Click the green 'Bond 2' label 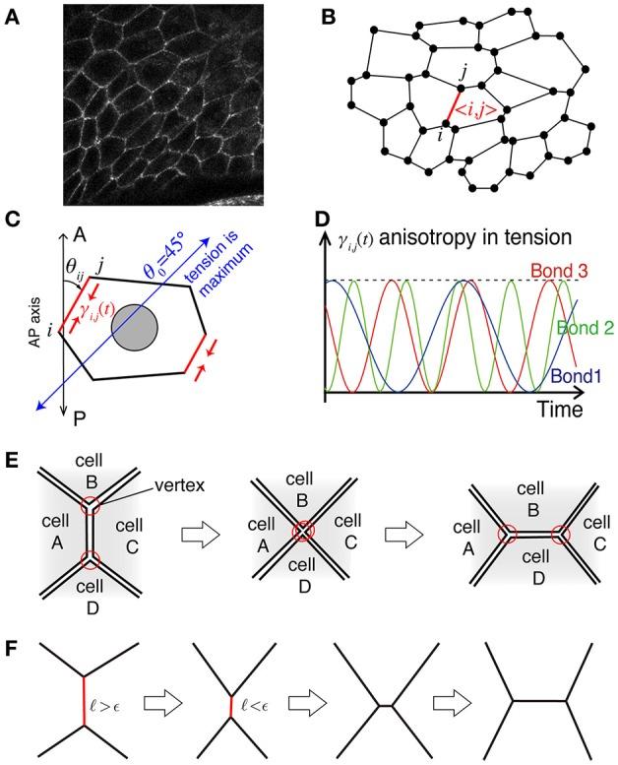point(584,329)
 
